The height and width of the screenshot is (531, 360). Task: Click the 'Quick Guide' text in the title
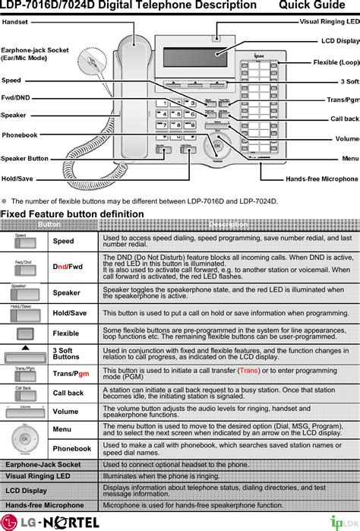319,6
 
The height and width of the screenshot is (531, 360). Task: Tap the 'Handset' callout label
15,22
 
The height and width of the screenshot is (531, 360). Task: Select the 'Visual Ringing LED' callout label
329,22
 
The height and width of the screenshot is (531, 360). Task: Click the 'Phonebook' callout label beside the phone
20,135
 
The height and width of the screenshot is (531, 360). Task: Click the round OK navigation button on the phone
217,145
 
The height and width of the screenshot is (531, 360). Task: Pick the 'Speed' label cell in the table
64,242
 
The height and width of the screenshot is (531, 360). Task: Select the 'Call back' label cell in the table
68,393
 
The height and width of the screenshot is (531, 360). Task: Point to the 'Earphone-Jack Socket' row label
43,464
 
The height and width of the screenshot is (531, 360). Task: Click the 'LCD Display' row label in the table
26,491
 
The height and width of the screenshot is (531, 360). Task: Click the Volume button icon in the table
25,412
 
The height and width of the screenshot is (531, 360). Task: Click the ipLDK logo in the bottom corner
340,521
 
